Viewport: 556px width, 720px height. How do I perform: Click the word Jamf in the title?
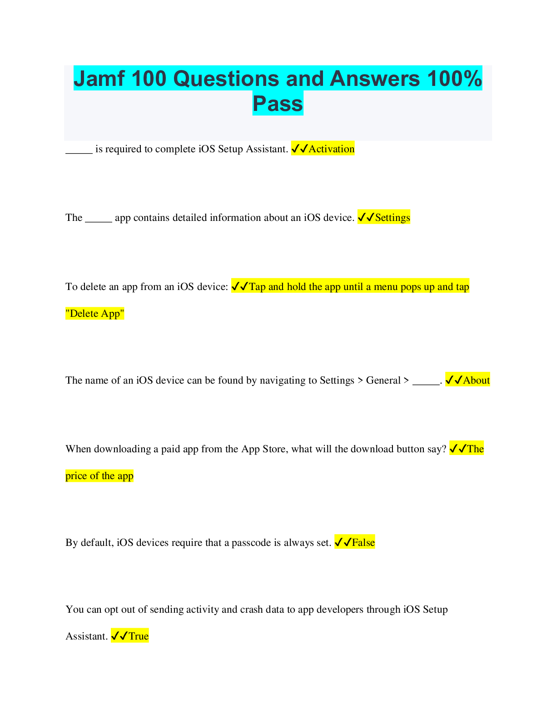(x=99, y=79)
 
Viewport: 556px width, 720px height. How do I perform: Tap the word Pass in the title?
(x=278, y=104)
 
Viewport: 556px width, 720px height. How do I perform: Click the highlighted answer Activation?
(x=331, y=149)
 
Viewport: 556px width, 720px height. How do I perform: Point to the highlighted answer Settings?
(x=392, y=218)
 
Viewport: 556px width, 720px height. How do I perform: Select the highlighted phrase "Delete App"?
(x=95, y=314)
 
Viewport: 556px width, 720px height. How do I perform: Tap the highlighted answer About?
(x=476, y=380)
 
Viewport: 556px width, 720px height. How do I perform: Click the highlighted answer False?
(x=363, y=543)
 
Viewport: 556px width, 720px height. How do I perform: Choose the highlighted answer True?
(x=138, y=636)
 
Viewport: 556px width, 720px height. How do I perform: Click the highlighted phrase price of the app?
(x=99, y=476)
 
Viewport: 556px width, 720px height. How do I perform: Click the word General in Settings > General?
(x=383, y=380)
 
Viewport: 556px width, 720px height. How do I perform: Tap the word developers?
(x=340, y=610)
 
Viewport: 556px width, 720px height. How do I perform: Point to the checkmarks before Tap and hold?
(x=239, y=287)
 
